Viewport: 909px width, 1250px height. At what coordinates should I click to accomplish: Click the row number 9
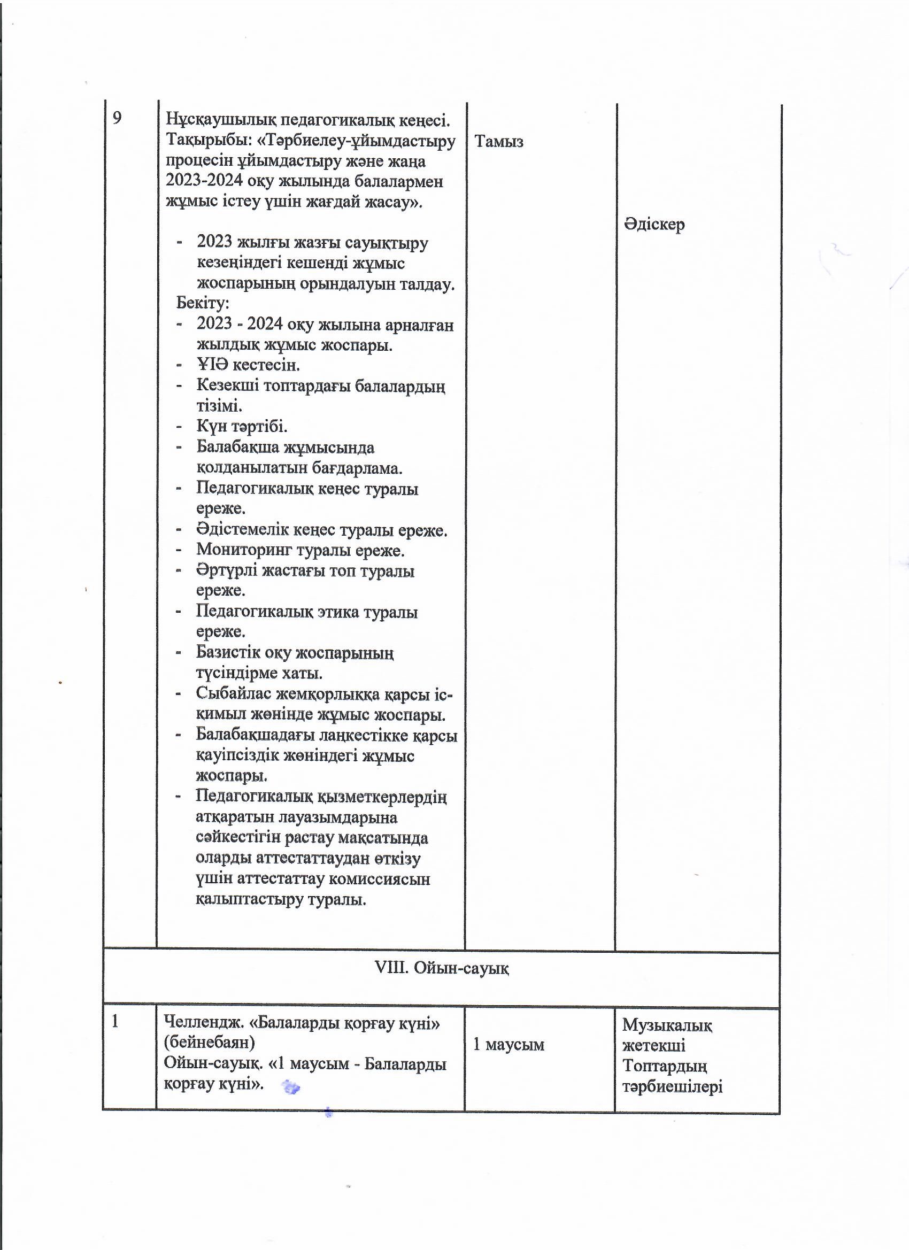coord(117,118)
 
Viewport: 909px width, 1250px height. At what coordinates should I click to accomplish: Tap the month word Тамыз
coord(498,142)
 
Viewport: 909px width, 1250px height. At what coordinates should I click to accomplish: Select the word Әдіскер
coord(654,225)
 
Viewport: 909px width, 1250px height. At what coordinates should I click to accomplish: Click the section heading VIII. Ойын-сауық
coord(441,968)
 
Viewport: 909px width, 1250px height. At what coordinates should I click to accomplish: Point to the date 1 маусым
coord(509,1044)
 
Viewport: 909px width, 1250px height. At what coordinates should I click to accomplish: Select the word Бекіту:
coord(202,303)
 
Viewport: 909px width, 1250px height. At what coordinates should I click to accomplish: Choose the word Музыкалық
coord(667,1025)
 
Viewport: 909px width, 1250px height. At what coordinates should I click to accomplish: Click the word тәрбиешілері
coord(672,1087)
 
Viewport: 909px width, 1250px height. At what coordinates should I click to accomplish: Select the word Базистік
coord(228,653)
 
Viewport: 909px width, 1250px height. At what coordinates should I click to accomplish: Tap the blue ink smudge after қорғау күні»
coord(290,1087)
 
